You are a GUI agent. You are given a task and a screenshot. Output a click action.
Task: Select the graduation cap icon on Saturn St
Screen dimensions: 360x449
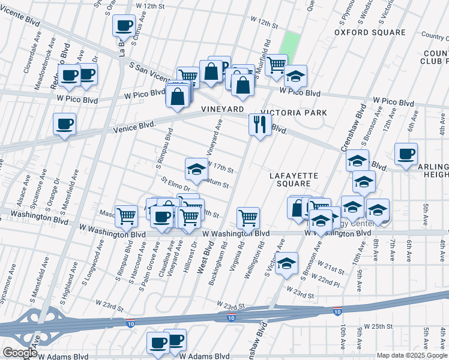click(196, 170)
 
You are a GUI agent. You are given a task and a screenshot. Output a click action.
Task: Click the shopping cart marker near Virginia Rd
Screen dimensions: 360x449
click(248, 218)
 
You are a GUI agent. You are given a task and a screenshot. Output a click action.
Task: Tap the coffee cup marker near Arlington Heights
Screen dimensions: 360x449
click(406, 154)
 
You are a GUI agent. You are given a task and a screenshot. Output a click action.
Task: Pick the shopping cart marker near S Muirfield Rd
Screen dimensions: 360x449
click(276, 64)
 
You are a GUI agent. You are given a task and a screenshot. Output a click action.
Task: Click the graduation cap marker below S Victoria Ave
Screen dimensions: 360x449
click(287, 263)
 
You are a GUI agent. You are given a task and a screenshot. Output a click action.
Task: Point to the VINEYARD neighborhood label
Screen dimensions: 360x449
click(222, 109)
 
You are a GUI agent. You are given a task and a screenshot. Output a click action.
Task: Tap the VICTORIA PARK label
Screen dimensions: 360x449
click(298, 112)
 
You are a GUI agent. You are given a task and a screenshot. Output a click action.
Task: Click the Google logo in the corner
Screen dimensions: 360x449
click(20, 353)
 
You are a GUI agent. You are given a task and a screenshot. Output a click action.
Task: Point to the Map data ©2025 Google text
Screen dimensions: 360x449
click(412, 355)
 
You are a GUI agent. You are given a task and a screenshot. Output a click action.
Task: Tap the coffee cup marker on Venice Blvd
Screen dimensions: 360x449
click(64, 124)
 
